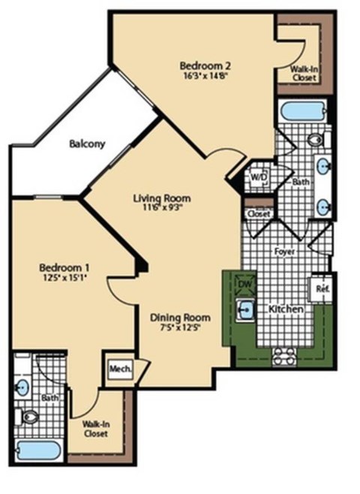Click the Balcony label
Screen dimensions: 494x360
tap(87, 144)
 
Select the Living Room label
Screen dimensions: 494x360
tap(161, 198)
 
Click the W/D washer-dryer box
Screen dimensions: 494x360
tap(258, 177)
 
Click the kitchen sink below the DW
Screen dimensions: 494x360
tap(246, 308)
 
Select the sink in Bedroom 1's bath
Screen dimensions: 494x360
tap(22, 387)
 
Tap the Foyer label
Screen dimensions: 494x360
tap(286, 252)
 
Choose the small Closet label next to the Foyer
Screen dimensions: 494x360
tap(257, 214)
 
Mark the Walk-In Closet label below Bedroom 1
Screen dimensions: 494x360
tap(95, 428)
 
